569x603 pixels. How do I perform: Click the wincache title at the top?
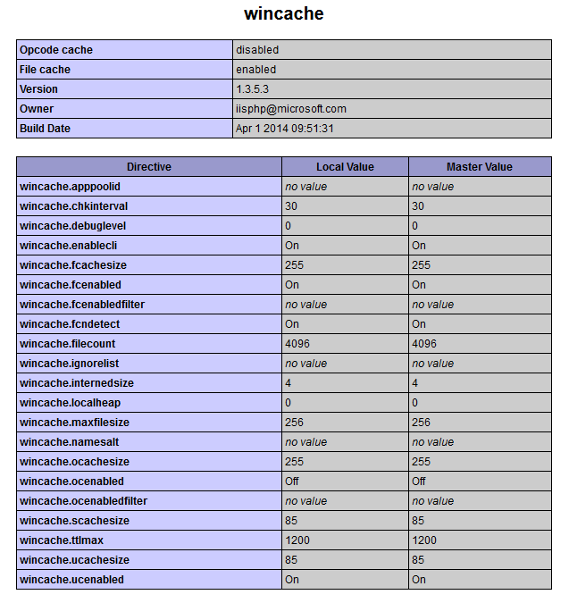[x=284, y=14]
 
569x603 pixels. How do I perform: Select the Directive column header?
[x=148, y=167]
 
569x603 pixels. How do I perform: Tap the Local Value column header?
[x=345, y=167]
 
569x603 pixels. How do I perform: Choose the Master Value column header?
[x=479, y=167]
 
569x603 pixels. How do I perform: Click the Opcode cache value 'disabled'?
[x=257, y=50]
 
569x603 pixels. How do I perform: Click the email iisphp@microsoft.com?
[x=291, y=109]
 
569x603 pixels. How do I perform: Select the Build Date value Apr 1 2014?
[x=285, y=129]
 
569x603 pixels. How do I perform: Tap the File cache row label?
[x=45, y=70]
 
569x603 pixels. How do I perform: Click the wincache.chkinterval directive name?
[x=73, y=206]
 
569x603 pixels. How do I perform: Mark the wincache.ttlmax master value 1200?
[x=425, y=540]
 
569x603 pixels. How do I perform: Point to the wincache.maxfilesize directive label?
[x=74, y=423]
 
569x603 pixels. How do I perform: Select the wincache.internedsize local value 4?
[x=289, y=383]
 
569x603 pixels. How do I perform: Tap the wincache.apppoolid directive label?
[x=70, y=187]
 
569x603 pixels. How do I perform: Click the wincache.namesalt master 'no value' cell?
[x=433, y=442]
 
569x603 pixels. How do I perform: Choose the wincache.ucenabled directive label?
[x=71, y=580]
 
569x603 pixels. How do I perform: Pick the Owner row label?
[x=37, y=109]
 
